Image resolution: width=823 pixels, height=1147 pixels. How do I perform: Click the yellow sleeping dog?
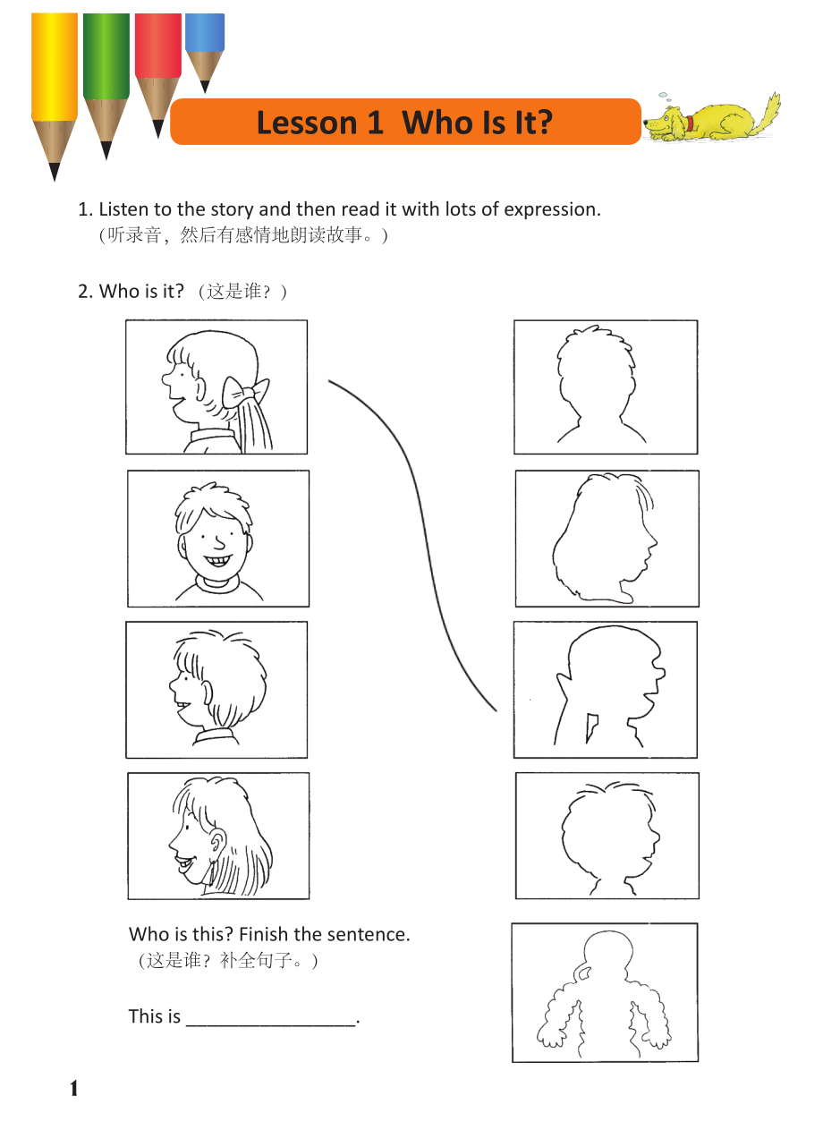pyautogui.click(x=712, y=119)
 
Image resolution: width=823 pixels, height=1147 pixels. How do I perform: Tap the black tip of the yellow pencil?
pyautogui.click(x=55, y=172)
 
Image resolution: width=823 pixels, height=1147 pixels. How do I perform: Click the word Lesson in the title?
pyautogui.click(x=306, y=123)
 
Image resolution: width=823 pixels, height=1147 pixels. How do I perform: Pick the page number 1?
pyautogui.click(x=74, y=1089)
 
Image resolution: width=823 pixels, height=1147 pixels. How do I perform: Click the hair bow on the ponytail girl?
pyautogui.click(x=245, y=392)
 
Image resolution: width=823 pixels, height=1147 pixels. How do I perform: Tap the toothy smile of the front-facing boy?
pyautogui.click(x=217, y=560)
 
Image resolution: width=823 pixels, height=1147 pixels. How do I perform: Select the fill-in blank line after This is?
pyautogui.click(x=271, y=1025)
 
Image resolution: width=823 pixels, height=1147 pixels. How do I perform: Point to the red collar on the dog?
pyautogui.click(x=690, y=123)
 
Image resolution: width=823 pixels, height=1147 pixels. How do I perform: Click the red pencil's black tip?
pyautogui.click(x=158, y=129)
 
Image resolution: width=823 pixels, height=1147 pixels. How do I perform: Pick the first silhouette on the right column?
pyautogui.click(x=599, y=384)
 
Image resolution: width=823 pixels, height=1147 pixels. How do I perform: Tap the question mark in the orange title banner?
pyautogui.click(x=543, y=123)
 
